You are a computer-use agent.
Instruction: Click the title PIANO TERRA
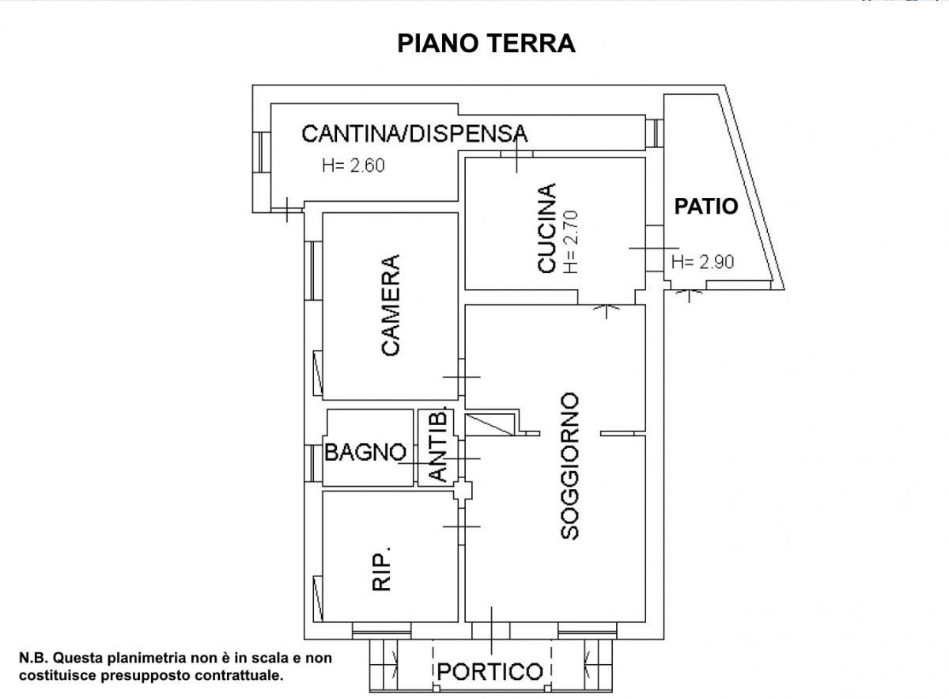click(486, 43)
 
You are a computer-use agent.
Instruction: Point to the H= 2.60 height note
click(353, 166)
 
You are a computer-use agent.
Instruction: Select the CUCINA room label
click(546, 229)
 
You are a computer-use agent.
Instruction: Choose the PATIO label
click(705, 207)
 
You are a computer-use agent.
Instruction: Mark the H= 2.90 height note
click(703, 263)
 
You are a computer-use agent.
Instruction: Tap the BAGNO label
click(365, 453)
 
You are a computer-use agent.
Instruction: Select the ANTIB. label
click(440, 447)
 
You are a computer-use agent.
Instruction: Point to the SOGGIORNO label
click(569, 466)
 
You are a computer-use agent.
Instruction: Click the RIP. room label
click(382, 572)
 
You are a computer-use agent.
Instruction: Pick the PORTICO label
click(490, 672)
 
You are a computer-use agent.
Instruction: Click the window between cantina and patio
click(654, 132)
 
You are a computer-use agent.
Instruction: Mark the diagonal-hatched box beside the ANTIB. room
click(491, 424)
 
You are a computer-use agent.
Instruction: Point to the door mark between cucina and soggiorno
click(607, 306)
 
